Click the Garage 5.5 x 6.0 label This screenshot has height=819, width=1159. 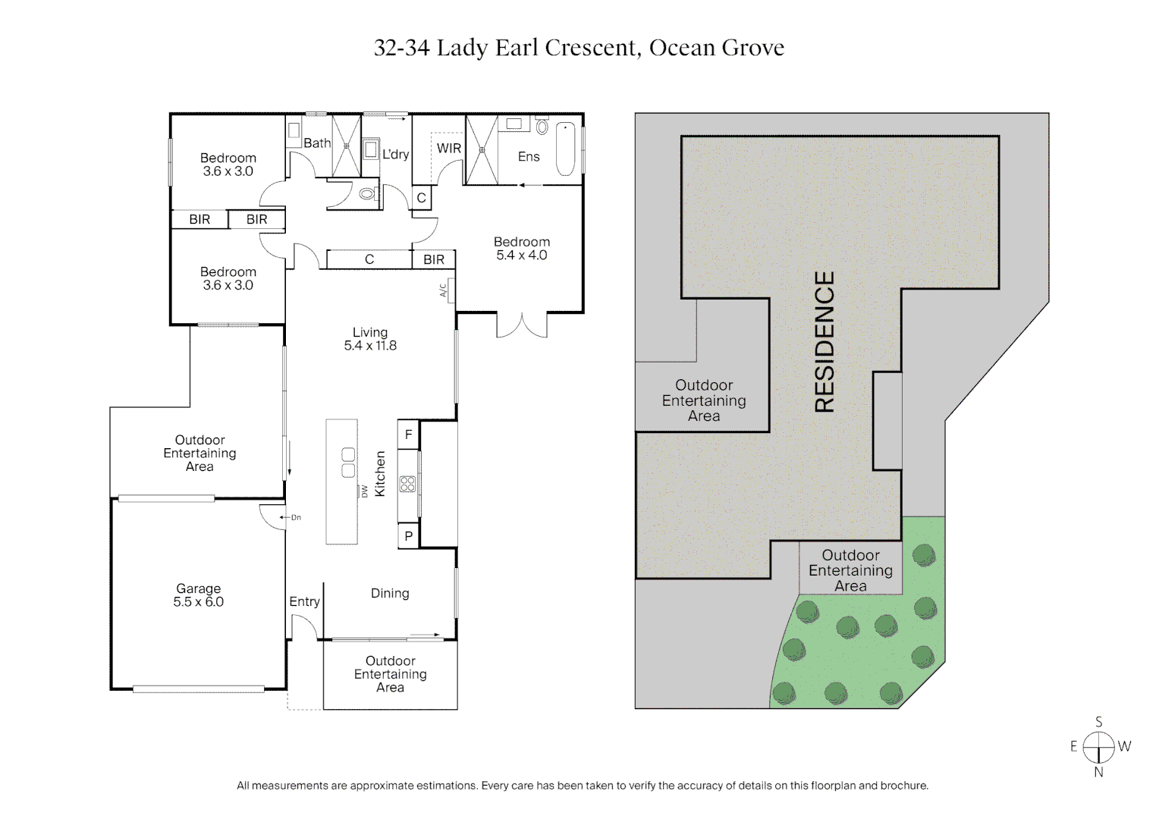198,595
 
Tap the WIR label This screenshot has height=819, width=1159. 448,149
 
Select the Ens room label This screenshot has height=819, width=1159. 529,157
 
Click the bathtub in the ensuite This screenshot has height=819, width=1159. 566,149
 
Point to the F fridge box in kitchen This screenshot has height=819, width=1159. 408,435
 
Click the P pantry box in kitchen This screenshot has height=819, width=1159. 408,536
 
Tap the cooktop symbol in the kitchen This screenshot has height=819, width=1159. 407,484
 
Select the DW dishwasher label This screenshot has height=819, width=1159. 365,491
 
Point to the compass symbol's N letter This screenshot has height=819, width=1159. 1098,773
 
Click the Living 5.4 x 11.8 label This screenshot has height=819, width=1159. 370,339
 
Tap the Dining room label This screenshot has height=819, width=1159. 390,594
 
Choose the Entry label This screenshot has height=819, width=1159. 304,601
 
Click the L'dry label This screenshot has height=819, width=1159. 395,155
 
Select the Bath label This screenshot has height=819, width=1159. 317,143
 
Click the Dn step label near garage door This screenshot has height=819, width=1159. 295,517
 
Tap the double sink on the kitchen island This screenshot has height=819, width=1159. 348,463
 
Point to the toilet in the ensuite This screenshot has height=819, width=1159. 542,126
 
